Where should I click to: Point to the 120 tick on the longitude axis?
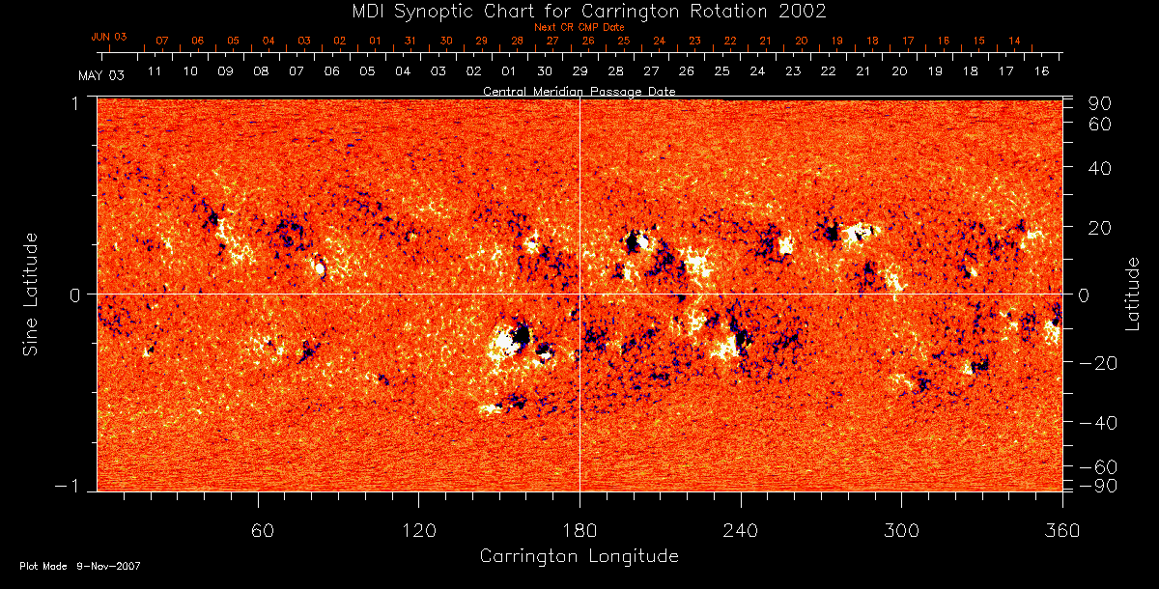[x=419, y=529]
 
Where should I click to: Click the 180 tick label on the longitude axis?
[x=579, y=529]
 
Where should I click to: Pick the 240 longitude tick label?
[x=741, y=529]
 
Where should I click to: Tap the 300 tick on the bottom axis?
[x=901, y=529]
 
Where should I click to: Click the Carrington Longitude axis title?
[x=579, y=556]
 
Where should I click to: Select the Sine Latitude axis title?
[x=31, y=294]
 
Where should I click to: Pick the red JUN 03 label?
[x=109, y=37]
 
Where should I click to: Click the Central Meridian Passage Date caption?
[x=579, y=91]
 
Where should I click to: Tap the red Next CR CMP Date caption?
[x=579, y=27]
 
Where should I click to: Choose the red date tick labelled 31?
[x=410, y=42]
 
